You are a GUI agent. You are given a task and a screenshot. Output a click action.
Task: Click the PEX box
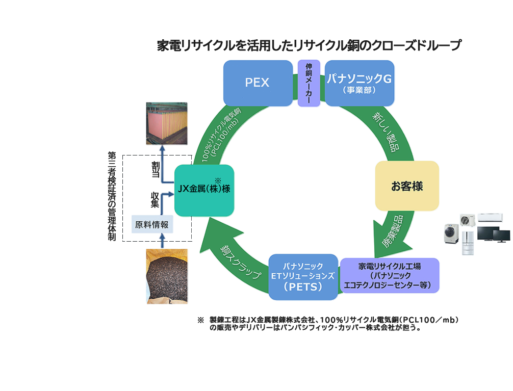click(x=258, y=83)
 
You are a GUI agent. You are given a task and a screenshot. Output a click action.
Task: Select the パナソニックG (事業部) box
click(x=359, y=83)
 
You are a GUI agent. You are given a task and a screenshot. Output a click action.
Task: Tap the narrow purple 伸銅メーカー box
click(x=309, y=83)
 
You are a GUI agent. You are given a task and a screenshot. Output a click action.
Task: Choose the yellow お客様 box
click(x=406, y=186)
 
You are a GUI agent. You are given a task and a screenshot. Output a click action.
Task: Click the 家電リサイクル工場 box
click(x=389, y=275)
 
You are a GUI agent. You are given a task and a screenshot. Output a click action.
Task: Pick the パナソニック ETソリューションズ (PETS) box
click(x=303, y=277)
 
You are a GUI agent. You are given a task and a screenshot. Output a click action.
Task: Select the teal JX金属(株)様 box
click(x=204, y=190)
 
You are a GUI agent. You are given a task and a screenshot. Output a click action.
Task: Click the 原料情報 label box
click(x=152, y=224)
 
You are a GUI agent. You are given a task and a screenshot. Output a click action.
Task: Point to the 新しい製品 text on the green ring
click(x=387, y=132)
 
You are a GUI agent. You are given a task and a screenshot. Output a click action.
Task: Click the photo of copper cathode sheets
click(x=167, y=123)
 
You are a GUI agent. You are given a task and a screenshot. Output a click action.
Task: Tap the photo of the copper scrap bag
click(x=167, y=276)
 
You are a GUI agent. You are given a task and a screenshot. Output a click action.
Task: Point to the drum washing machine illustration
click(x=451, y=233)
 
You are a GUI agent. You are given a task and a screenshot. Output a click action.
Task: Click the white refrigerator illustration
click(x=468, y=243)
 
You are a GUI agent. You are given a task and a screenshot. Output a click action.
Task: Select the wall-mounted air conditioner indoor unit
click(x=490, y=218)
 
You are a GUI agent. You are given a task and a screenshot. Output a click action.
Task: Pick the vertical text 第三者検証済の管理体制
click(x=112, y=196)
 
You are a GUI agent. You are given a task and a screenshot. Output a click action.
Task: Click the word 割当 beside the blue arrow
click(x=156, y=169)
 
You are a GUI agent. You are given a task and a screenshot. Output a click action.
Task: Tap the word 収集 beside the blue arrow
click(x=155, y=200)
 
